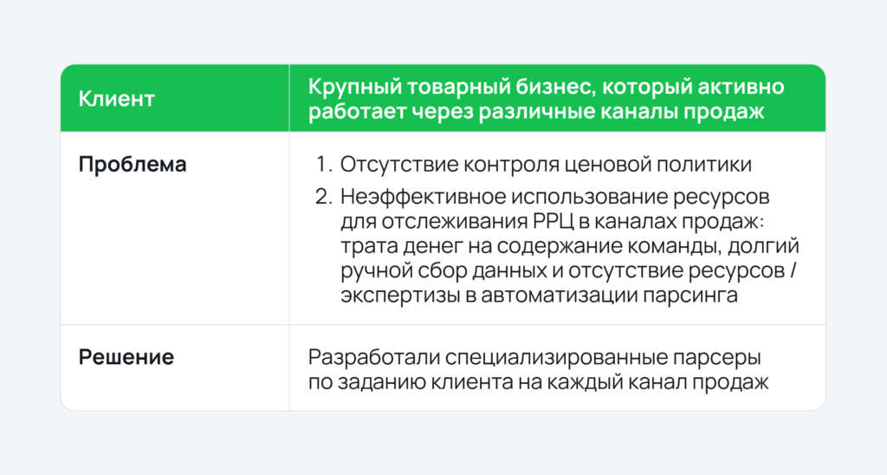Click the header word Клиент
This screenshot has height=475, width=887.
[117, 99]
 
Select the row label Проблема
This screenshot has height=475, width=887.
[133, 165]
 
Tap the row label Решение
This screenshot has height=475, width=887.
[126, 357]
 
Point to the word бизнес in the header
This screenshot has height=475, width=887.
[544, 88]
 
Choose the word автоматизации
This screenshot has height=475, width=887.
[562, 295]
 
